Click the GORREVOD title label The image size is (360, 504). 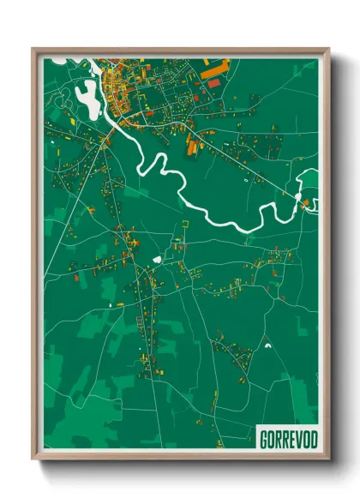[x=288, y=439]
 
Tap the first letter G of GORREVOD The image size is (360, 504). [x=263, y=439]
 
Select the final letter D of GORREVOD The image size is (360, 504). [x=313, y=439]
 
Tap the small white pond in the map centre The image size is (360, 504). [x=158, y=258]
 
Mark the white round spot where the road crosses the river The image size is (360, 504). [x=297, y=198]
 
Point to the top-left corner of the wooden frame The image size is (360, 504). [x=33, y=50]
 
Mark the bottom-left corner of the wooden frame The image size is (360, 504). [x=33, y=458]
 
